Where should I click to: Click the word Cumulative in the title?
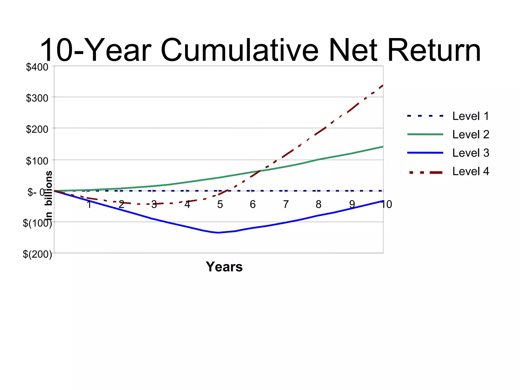click(239, 50)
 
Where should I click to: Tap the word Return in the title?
click(434, 50)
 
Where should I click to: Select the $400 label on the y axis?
click(37, 67)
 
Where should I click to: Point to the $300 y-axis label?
click(37, 98)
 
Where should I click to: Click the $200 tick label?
click(37, 129)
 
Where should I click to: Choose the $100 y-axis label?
click(37, 161)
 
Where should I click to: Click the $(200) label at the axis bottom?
click(37, 254)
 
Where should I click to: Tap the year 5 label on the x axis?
click(220, 204)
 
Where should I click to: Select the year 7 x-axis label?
click(286, 204)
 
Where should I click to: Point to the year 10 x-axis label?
click(386, 204)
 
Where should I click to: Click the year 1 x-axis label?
click(89, 204)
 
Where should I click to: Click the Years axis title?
click(224, 267)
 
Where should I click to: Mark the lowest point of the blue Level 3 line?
click(219, 233)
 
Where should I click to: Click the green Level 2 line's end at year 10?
click(383, 147)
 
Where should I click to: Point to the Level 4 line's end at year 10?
click(383, 86)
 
